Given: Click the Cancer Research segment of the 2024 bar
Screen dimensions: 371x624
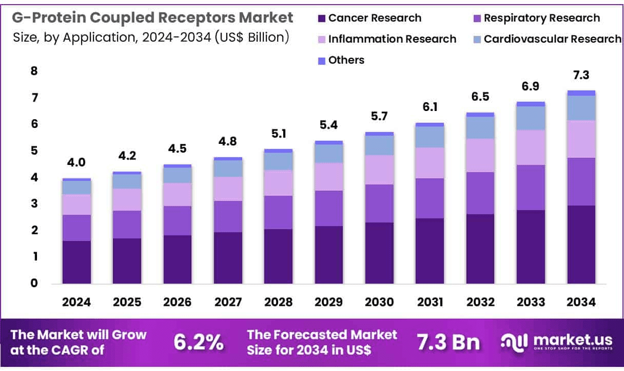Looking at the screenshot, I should [x=76, y=262].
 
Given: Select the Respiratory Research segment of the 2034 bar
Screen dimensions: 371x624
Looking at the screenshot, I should [x=581, y=181].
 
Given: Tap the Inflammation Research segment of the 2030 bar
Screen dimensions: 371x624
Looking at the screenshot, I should [x=379, y=170].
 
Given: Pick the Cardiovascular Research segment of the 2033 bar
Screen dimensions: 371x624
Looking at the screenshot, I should [x=531, y=118].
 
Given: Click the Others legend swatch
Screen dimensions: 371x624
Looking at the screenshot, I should [x=322, y=61].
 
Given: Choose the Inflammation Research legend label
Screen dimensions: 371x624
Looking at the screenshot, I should [x=392, y=39].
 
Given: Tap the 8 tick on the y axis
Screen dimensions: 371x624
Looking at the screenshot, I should [x=34, y=71].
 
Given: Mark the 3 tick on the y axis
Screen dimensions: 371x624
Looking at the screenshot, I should [x=34, y=204].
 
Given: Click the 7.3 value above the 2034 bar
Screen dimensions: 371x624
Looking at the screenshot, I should [x=581, y=76].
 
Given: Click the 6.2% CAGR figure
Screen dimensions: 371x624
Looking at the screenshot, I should [x=199, y=342].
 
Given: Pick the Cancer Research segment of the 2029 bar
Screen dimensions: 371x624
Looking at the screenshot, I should [x=329, y=254].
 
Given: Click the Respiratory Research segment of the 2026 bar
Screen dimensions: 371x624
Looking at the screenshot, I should [x=178, y=220].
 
